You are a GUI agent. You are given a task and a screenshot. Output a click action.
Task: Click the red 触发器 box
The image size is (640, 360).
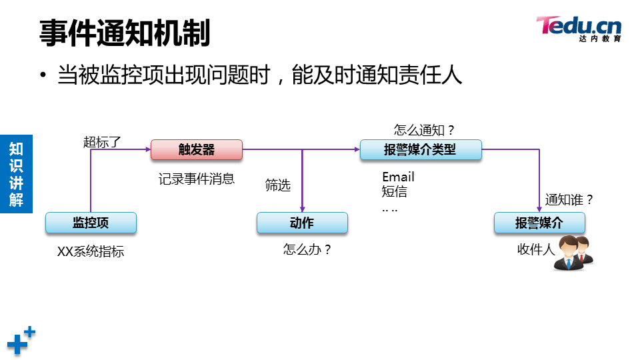[x=196, y=150]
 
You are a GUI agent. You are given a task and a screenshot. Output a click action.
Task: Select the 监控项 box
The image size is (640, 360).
[x=91, y=223]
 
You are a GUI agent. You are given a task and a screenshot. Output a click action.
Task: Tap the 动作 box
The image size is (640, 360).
[x=302, y=223]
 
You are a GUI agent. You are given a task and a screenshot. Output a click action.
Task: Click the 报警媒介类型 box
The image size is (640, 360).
[x=420, y=150]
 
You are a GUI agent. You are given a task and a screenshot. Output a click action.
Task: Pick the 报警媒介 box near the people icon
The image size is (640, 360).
[x=539, y=223]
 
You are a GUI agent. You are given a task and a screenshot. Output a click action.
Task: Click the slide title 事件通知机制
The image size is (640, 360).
[x=125, y=33]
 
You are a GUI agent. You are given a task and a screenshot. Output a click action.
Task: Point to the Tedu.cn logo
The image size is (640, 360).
[x=579, y=28]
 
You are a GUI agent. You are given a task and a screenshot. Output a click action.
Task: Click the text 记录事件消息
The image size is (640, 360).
[x=197, y=179]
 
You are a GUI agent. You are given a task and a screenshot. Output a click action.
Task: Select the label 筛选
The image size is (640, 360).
[x=278, y=186]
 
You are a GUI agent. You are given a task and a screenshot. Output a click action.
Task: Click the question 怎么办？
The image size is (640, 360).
[x=307, y=250]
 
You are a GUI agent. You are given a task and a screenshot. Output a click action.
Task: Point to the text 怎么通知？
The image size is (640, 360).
[x=424, y=130]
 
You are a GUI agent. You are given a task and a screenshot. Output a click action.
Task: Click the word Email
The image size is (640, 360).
[x=398, y=177]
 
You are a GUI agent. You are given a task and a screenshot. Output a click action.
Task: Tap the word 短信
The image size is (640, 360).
[x=394, y=192]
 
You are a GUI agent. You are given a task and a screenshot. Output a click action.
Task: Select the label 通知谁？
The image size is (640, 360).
[x=569, y=199]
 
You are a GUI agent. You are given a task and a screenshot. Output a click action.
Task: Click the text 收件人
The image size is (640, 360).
[x=535, y=249]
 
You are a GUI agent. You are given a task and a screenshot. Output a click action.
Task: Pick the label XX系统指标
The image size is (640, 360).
[x=91, y=252]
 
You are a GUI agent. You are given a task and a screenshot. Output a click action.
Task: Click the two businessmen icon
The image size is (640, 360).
[x=574, y=253]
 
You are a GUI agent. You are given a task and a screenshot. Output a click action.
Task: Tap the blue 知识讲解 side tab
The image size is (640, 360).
[x=16, y=173]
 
